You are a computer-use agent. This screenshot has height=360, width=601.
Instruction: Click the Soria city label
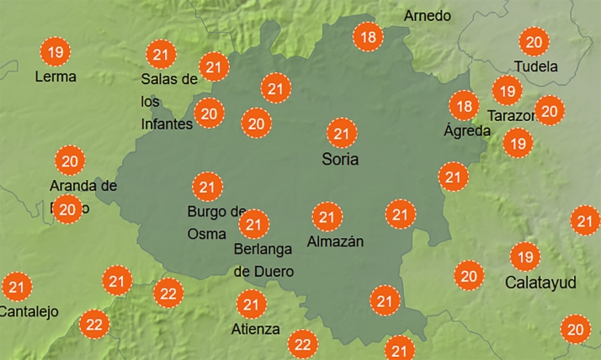click(341, 159)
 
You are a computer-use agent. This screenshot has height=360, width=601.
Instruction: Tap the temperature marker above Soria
click(342, 134)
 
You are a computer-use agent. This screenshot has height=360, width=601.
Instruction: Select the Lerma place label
click(56, 77)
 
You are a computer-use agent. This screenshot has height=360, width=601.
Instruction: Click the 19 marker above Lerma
click(56, 53)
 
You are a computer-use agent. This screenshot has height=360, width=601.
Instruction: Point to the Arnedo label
click(428, 16)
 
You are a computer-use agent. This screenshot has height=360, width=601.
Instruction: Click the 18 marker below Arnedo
click(368, 36)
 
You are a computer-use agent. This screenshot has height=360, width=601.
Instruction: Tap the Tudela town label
click(535, 66)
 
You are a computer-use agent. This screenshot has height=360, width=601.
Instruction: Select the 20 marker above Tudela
click(533, 42)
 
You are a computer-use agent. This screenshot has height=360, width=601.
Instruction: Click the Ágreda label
click(466, 130)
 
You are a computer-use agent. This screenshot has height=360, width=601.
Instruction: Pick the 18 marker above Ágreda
click(463, 106)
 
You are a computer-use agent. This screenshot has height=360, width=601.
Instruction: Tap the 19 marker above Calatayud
click(525, 256)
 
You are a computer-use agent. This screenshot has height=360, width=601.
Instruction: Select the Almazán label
click(335, 241)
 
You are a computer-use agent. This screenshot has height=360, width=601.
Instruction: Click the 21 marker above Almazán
click(326, 217)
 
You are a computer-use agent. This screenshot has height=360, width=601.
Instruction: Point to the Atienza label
click(256, 329)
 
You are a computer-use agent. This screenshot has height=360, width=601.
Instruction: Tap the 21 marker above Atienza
click(251, 304)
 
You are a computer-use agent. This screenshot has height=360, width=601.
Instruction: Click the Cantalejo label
click(29, 311)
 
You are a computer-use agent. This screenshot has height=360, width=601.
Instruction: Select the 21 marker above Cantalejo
click(16, 287)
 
